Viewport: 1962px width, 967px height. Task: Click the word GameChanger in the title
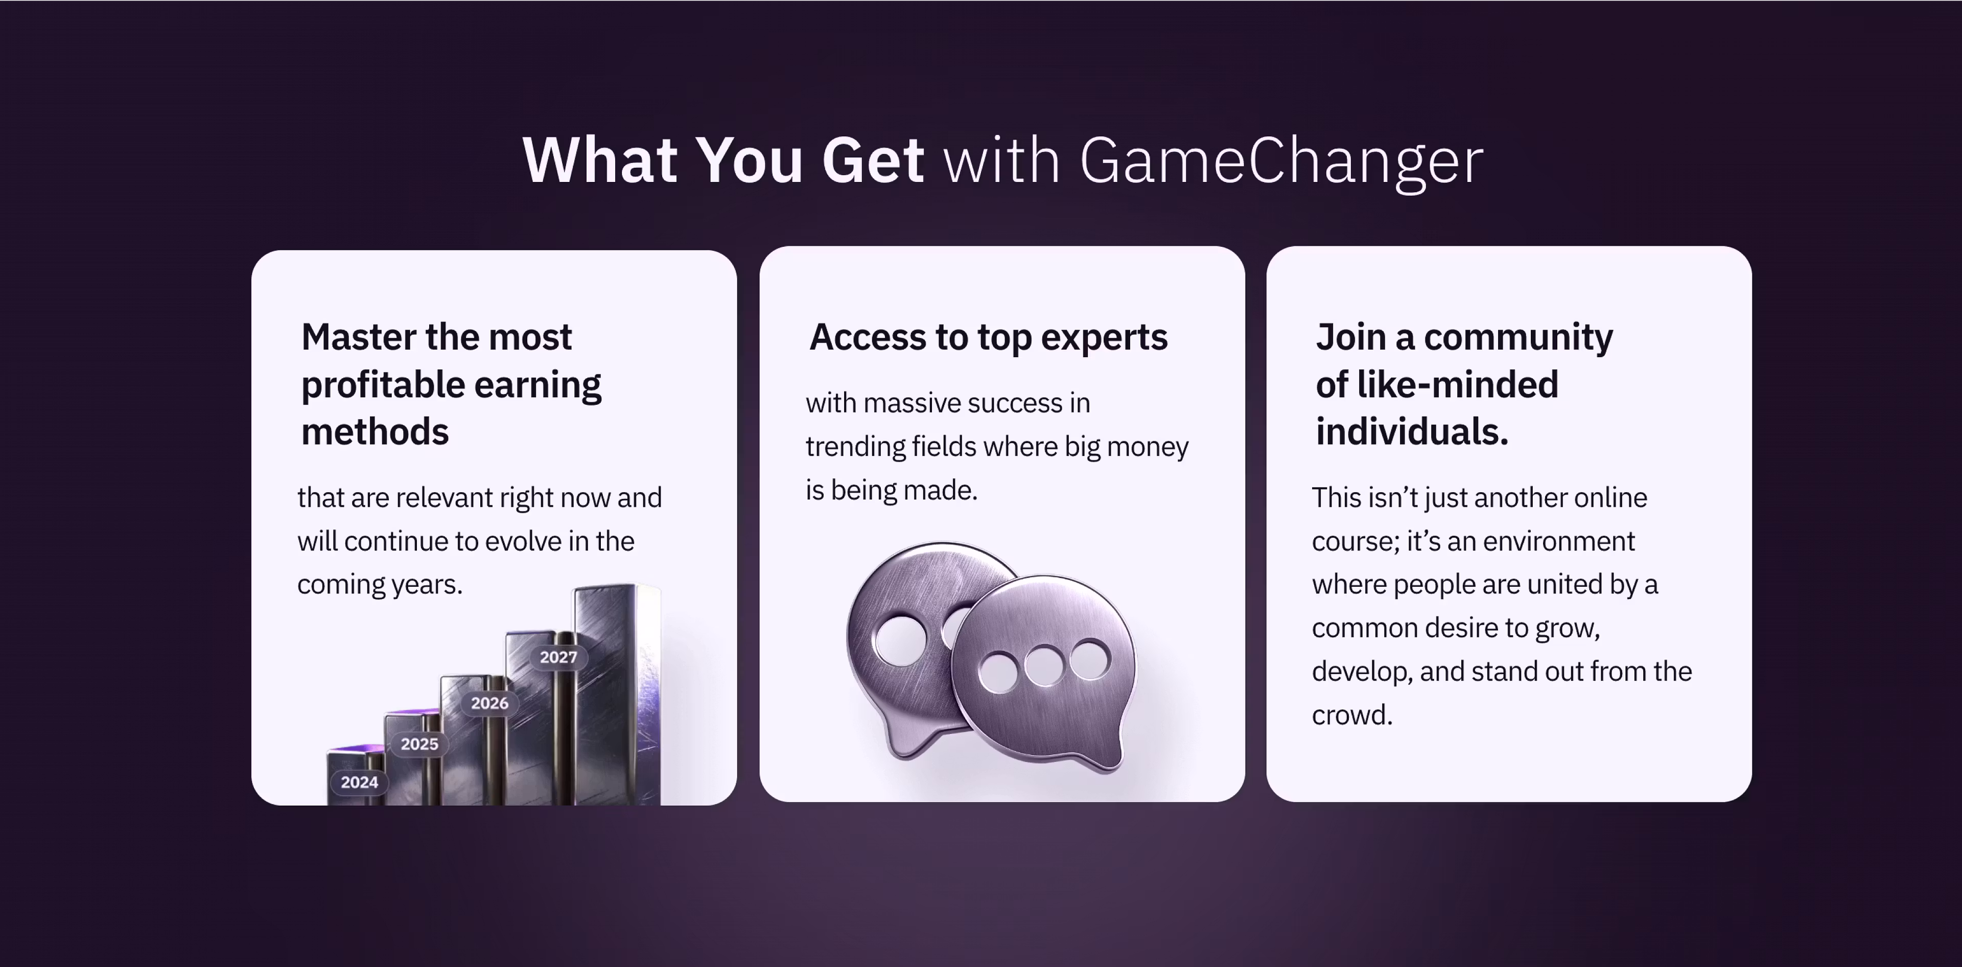coord(1281,162)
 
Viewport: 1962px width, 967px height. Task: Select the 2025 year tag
coord(419,744)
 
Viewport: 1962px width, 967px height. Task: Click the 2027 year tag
coord(559,657)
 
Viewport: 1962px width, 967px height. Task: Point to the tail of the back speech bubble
coord(910,743)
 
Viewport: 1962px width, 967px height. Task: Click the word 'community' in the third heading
coord(1518,337)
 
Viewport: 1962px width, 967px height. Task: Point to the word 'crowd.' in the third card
coord(1352,715)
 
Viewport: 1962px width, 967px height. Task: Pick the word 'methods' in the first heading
coord(375,432)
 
